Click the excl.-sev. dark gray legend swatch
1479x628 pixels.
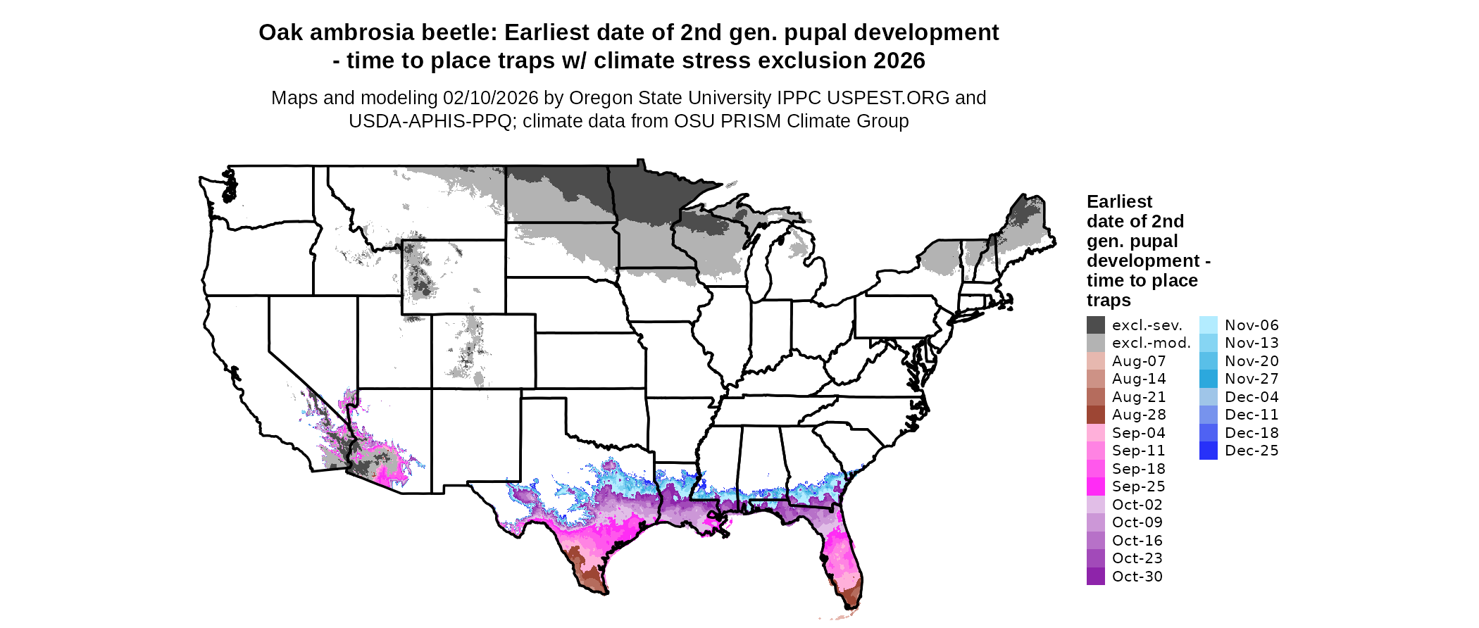tap(1095, 325)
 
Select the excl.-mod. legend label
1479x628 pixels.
tap(1151, 343)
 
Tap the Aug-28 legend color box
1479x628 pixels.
tap(1095, 415)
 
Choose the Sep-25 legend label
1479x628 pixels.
tap(1138, 486)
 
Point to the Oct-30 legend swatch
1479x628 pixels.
tap(1095, 577)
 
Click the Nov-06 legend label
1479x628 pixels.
tap(1251, 325)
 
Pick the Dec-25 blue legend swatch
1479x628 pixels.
tap(1208, 451)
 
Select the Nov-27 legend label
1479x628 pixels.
tap(1251, 379)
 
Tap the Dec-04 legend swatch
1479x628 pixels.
tap(1208, 397)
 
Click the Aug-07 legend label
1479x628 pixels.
tap(1138, 361)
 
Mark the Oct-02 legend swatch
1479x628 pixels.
tap(1095, 505)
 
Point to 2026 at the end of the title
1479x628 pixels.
tap(899, 61)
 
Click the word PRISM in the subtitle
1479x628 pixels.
tap(753, 121)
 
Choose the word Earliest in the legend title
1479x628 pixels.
tap(1119, 202)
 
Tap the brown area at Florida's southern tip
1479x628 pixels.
tap(852, 591)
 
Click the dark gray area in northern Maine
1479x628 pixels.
tap(1030, 211)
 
